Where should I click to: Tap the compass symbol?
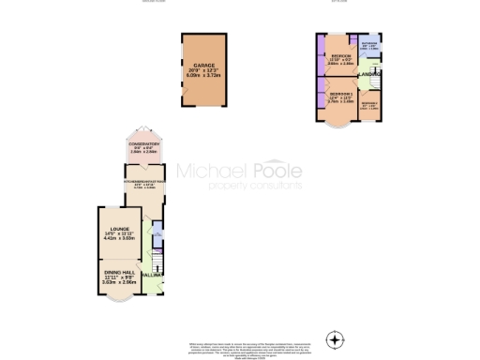pos(335,338)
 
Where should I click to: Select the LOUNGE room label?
pos(120,228)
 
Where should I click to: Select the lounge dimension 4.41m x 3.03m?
pos(120,239)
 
